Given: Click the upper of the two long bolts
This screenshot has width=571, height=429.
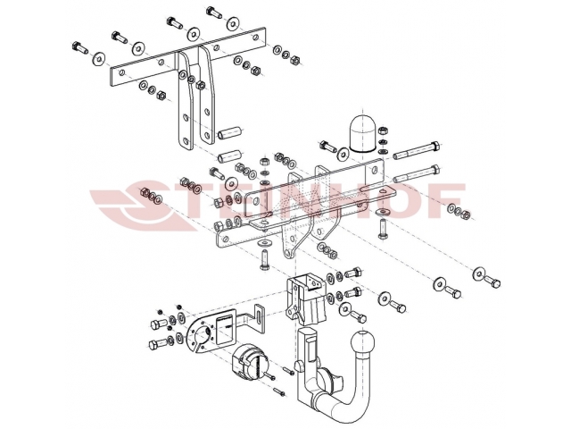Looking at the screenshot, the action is click(418, 149).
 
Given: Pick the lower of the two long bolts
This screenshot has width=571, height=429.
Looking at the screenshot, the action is click(418, 174).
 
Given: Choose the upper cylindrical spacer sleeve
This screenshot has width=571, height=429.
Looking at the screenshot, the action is click(230, 132).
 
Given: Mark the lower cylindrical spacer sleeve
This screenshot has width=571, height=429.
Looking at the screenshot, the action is click(230, 156).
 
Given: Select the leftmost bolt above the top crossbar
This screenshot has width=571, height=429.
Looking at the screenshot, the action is click(79, 47).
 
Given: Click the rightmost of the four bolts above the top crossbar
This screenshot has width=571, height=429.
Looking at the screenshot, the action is click(215, 13).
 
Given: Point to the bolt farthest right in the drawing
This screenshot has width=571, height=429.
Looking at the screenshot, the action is click(492, 282).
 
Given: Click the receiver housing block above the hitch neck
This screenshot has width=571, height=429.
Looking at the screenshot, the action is click(305, 300).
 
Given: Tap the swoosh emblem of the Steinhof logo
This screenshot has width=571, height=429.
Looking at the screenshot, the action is click(145, 206).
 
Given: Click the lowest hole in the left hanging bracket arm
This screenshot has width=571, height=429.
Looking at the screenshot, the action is click(186, 141).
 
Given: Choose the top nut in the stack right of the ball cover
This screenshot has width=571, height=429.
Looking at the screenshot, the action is click(383, 130).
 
